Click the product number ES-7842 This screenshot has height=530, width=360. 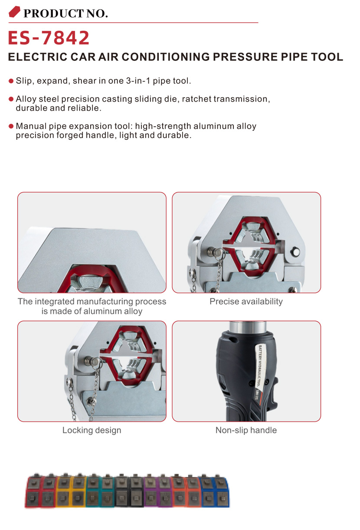(x=49, y=38)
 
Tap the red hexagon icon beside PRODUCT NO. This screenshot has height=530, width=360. (x=14, y=12)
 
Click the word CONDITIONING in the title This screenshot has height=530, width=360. (x=166, y=57)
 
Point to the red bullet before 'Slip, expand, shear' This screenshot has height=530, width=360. (x=11, y=81)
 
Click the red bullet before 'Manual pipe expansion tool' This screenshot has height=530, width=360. (x=11, y=126)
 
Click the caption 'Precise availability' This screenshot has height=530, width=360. (x=246, y=301)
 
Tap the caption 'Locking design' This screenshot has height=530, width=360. (x=92, y=430)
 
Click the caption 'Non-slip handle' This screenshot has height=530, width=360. (x=246, y=430)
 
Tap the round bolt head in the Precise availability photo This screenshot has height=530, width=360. (x=295, y=251)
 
